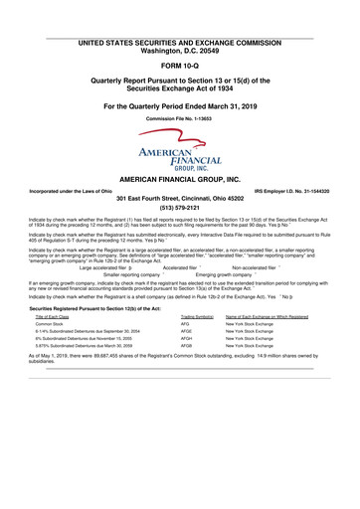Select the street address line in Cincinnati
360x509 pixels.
(180, 198)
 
